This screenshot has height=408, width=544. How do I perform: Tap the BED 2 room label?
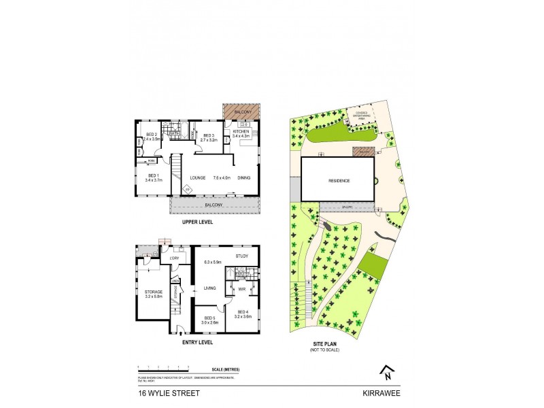tap(151, 135)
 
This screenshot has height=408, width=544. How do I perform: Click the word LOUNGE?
tap(198, 177)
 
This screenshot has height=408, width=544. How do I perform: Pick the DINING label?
tap(244, 177)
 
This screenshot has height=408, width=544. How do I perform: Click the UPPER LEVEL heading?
tap(197, 222)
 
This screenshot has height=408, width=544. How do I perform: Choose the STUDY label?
tap(242, 256)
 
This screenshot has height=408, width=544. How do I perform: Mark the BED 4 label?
tap(243, 314)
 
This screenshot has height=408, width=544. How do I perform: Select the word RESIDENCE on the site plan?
tap(339, 181)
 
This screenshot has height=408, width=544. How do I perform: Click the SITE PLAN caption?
tap(324, 345)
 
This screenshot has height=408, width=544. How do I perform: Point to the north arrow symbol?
tap(387, 373)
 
